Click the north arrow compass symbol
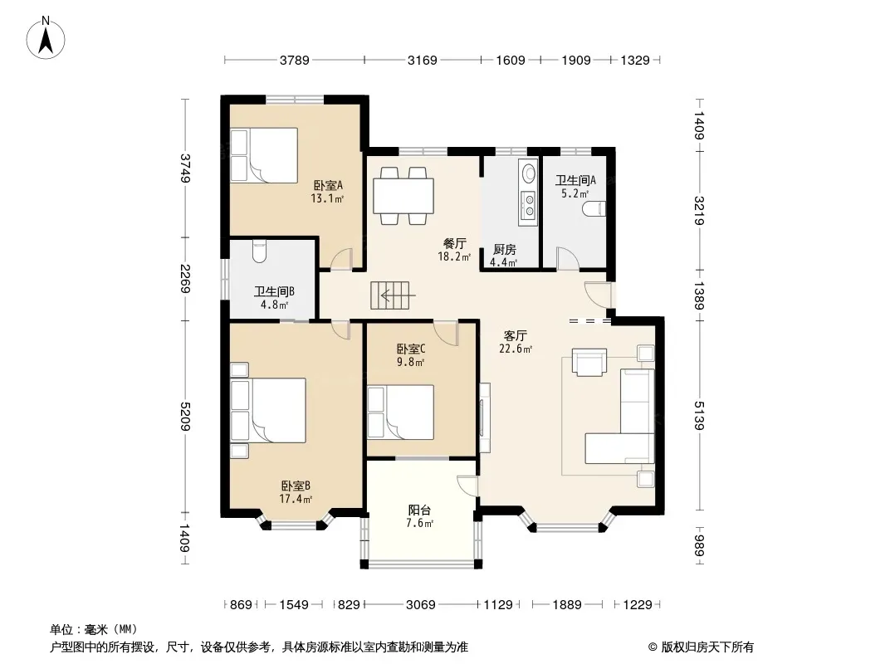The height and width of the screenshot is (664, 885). click(x=46, y=37)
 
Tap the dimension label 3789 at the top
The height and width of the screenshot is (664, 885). click(x=295, y=60)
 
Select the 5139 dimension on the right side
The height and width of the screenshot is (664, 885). click(x=699, y=415)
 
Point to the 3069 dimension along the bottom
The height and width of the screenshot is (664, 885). click(x=420, y=605)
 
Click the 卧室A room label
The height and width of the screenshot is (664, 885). click(x=327, y=185)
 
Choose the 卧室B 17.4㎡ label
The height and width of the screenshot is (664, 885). click(x=296, y=492)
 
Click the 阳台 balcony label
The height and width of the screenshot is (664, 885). click(x=419, y=510)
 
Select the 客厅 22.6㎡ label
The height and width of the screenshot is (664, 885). click(x=516, y=342)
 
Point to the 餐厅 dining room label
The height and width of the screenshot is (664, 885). click(x=454, y=244)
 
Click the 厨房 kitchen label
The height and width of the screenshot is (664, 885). click(x=504, y=249)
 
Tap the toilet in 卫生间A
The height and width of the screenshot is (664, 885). click(x=594, y=208)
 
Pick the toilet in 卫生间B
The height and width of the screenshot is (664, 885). click(x=258, y=251)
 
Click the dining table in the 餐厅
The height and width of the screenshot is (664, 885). click(x=403, y=196)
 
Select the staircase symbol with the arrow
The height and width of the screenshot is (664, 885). click(x=390, y=295)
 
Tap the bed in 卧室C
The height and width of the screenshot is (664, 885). click(x=401, y=413)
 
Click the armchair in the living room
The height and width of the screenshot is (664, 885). click(x=589, y=362)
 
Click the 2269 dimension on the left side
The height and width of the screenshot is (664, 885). click(x=184, y=279)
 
